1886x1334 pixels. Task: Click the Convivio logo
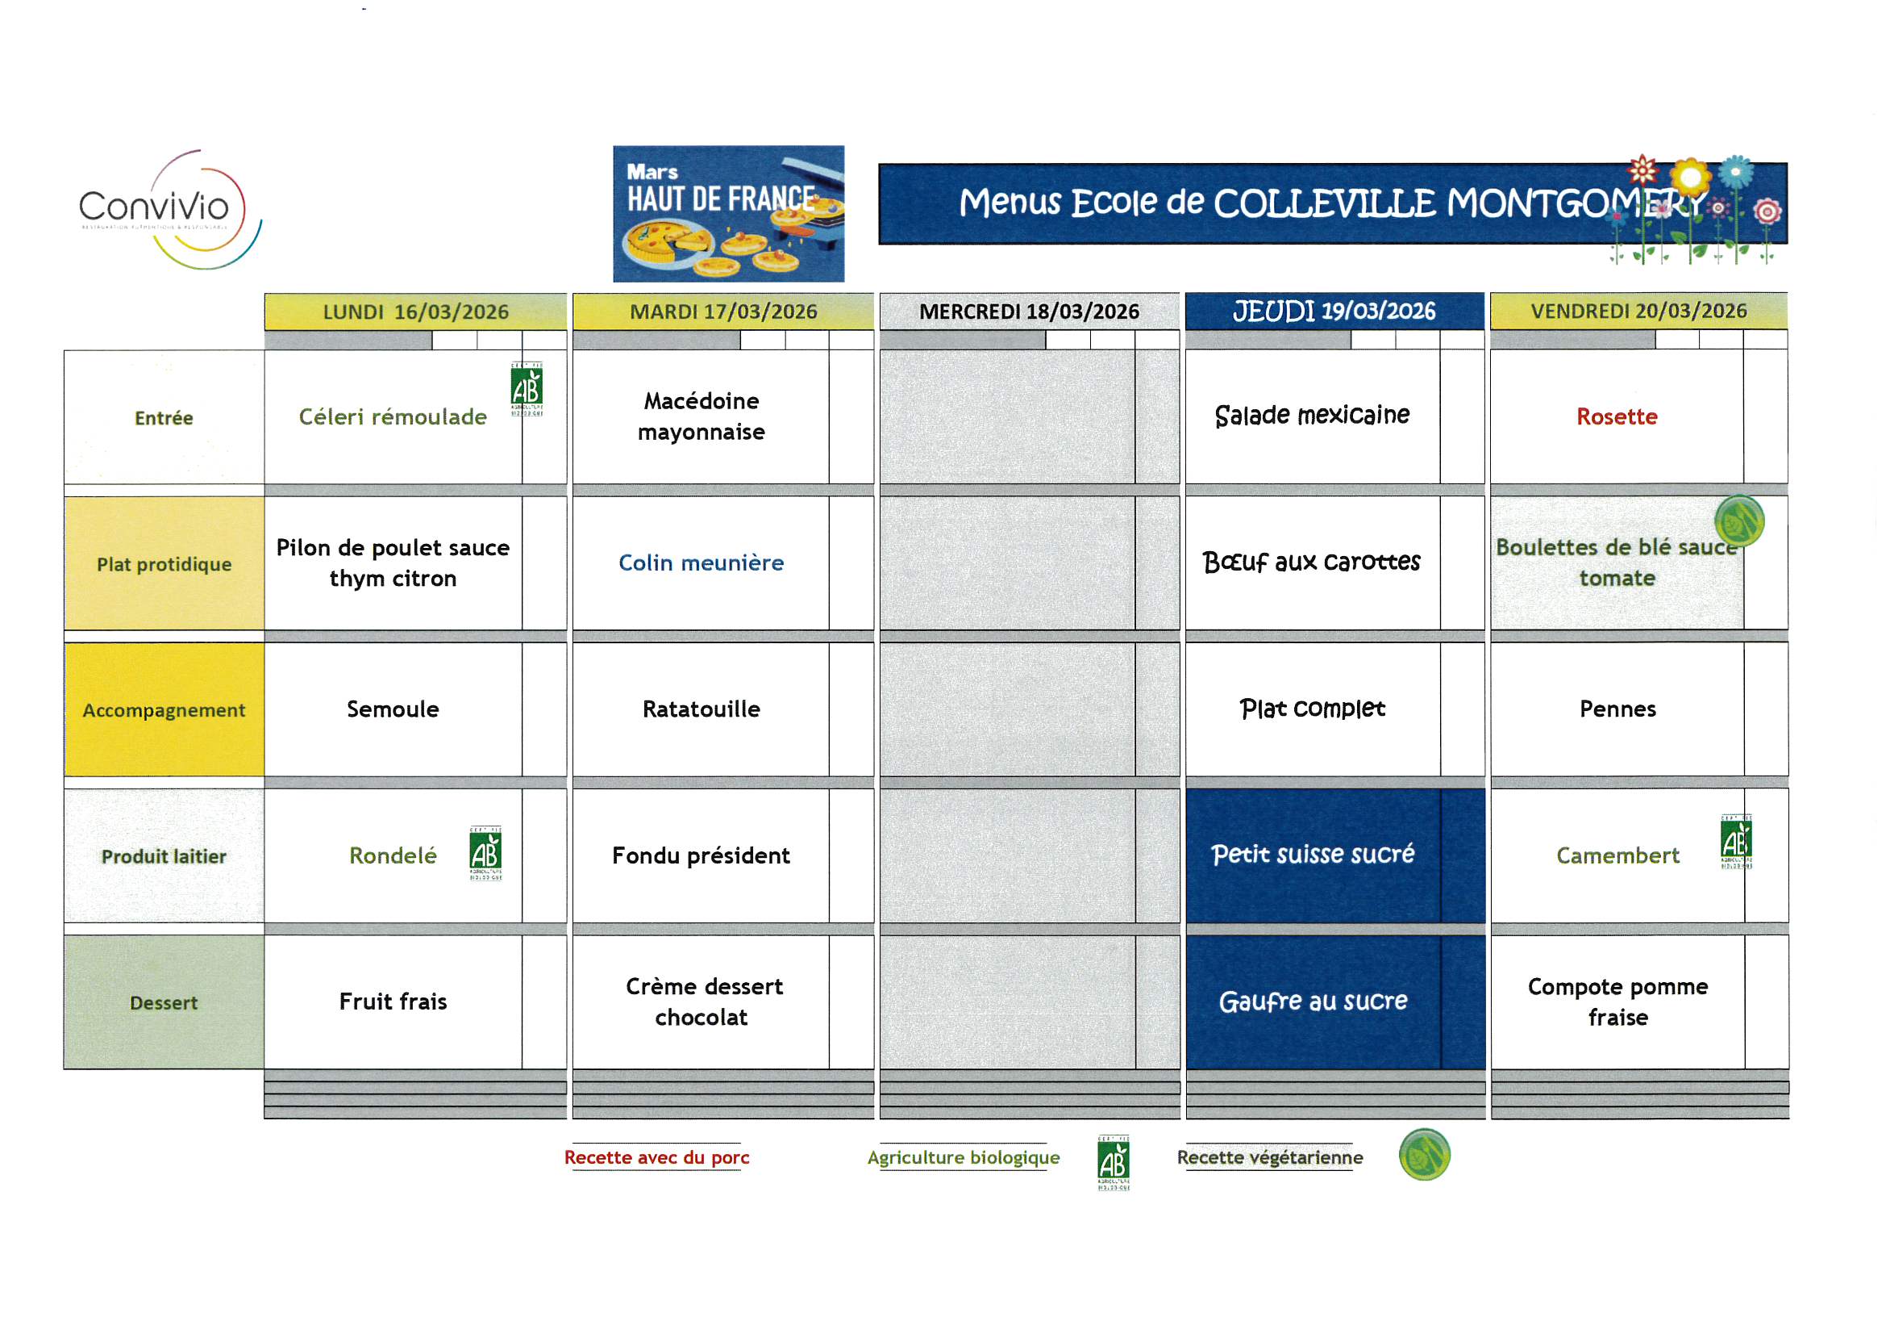(169, 209)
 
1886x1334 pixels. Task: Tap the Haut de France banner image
(728, 214)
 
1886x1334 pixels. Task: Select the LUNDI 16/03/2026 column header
(414, 312)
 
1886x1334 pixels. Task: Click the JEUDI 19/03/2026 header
(1333, 311)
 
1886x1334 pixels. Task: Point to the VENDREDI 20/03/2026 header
(1638, 311)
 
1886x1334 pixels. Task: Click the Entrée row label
(164, 417)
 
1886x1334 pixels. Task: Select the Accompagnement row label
(164, 709)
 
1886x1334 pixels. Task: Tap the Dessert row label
(164, 1002)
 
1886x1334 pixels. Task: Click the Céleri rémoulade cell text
(393, 416)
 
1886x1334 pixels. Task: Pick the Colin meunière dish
(701, 562)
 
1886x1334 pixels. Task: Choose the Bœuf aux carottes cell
(1311, 562)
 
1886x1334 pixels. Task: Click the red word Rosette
(1616, 416)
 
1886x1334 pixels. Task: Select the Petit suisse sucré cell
(1313, 854)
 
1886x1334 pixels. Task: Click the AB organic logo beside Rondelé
(485, 853)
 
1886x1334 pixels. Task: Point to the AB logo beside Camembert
(1735, 842)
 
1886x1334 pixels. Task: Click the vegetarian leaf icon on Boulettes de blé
(1738, 521)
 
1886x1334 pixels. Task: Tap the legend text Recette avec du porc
(656, 1156)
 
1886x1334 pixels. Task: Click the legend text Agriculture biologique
(963, 1156)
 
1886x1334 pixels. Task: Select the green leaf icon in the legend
(1423, 1154)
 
